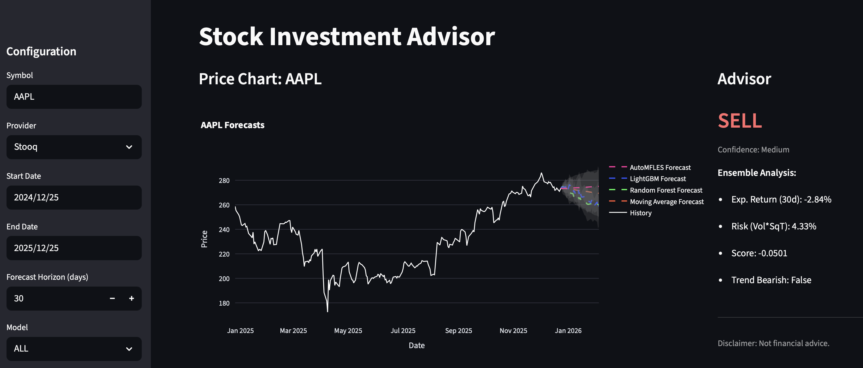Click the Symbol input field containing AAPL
pos(74,97)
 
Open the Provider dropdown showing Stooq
pos(74,147)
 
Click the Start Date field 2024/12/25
pos(74,198)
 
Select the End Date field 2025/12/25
pos(74,248)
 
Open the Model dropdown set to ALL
pos(74,348)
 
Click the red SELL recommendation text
pos(740,121)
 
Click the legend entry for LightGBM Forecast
pos(658,179)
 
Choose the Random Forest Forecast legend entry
pos(666,190)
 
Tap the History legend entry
pos(640,213)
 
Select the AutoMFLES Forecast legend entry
pos(660,167)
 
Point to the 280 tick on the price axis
pos(224,181)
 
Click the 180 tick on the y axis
pos(224,303)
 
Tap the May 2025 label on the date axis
pos(348,331)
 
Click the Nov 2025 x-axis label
pos(513,331)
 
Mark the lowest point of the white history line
pos(327,312)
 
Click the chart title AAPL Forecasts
pos(232,125)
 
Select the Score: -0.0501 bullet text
pos(759,253)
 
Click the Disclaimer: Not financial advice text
pos(773,343)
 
